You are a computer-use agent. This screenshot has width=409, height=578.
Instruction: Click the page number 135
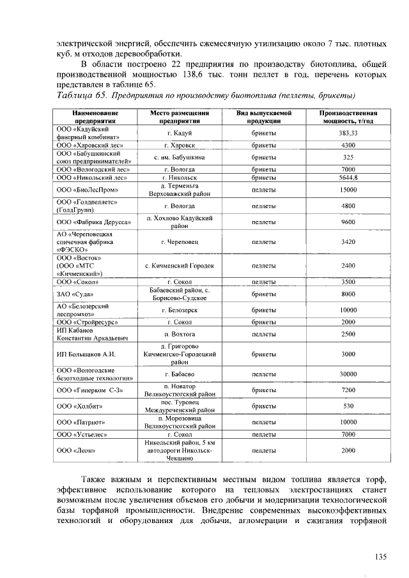click(x=381, y=557)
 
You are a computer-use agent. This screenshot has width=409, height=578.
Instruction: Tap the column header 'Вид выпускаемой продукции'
click(x=264, y=116)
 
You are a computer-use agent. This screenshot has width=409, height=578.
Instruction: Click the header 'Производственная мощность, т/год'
click(x=348, y=116)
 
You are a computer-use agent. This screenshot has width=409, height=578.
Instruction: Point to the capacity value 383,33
click(x=348, y=133)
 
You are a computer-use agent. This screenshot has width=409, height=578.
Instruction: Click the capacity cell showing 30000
click(x=348, y=374)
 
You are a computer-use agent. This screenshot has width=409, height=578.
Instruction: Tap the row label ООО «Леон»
click(x=75, y=450)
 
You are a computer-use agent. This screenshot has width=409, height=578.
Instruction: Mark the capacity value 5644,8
click(x=348, y=178)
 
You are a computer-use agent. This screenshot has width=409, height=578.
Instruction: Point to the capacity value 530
click(x=348, y=406)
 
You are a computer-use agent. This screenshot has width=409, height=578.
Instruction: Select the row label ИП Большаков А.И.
click(x=86, y=354)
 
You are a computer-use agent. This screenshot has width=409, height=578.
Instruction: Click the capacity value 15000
click(x=348, y=190)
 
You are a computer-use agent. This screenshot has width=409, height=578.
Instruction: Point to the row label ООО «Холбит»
click(x=79, y=406)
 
